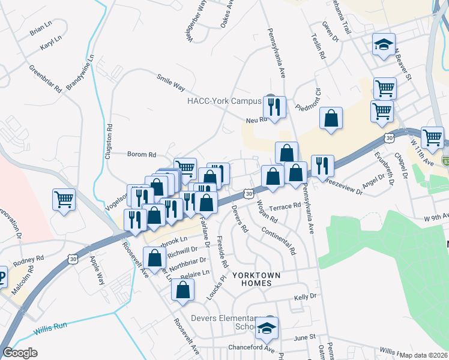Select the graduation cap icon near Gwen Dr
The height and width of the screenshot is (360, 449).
[x=383, y=45]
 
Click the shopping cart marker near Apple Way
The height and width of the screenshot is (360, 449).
[x=64, y=199]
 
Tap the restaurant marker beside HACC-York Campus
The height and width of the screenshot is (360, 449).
[x=274, y=108]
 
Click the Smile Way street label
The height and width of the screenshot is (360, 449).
[x=170, y=83]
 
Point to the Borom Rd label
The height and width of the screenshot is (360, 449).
[x=142, y=154]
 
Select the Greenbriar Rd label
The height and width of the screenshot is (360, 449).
[x=46, y=78]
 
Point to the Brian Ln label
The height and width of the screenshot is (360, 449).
[x=41, y=28]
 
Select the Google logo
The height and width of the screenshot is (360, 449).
[x=20, y=353]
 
